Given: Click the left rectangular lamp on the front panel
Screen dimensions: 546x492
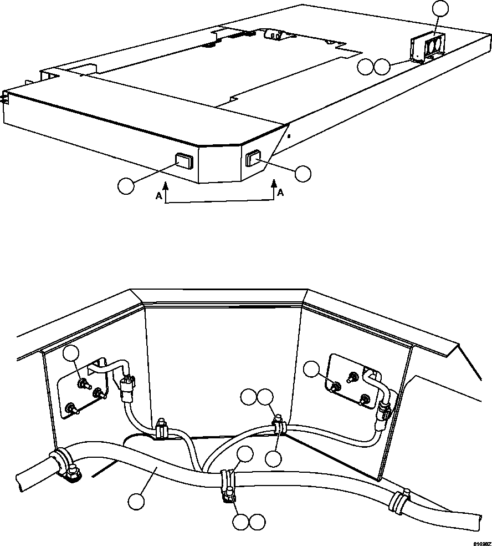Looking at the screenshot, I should pyautogui.click(x=184, y=161).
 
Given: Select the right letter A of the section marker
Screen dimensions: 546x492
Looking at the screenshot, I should pyautogui.click(x=280, y=193).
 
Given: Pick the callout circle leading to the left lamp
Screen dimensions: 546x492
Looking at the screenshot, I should pyautogui.click(x=126, y=185).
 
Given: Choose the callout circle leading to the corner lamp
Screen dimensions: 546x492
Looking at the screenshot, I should pyautogui.click(x=303, y=174).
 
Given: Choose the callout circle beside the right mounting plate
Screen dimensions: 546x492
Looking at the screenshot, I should pyautogui.click(x=313, y=368).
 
